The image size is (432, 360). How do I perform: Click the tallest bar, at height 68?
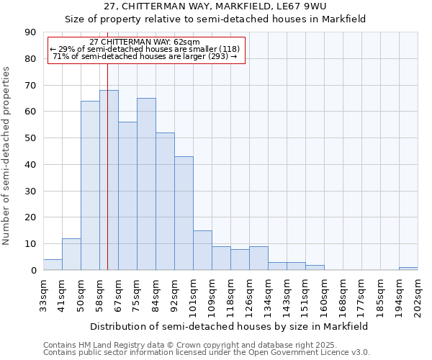tap(109, 180)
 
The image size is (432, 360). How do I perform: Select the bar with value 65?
tap(146, 184)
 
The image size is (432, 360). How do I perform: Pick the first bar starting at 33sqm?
tap(53, 265)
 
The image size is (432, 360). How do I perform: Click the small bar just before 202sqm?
tap(408, 269)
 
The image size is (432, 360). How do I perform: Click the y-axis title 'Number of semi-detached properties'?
tap(7, 156)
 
